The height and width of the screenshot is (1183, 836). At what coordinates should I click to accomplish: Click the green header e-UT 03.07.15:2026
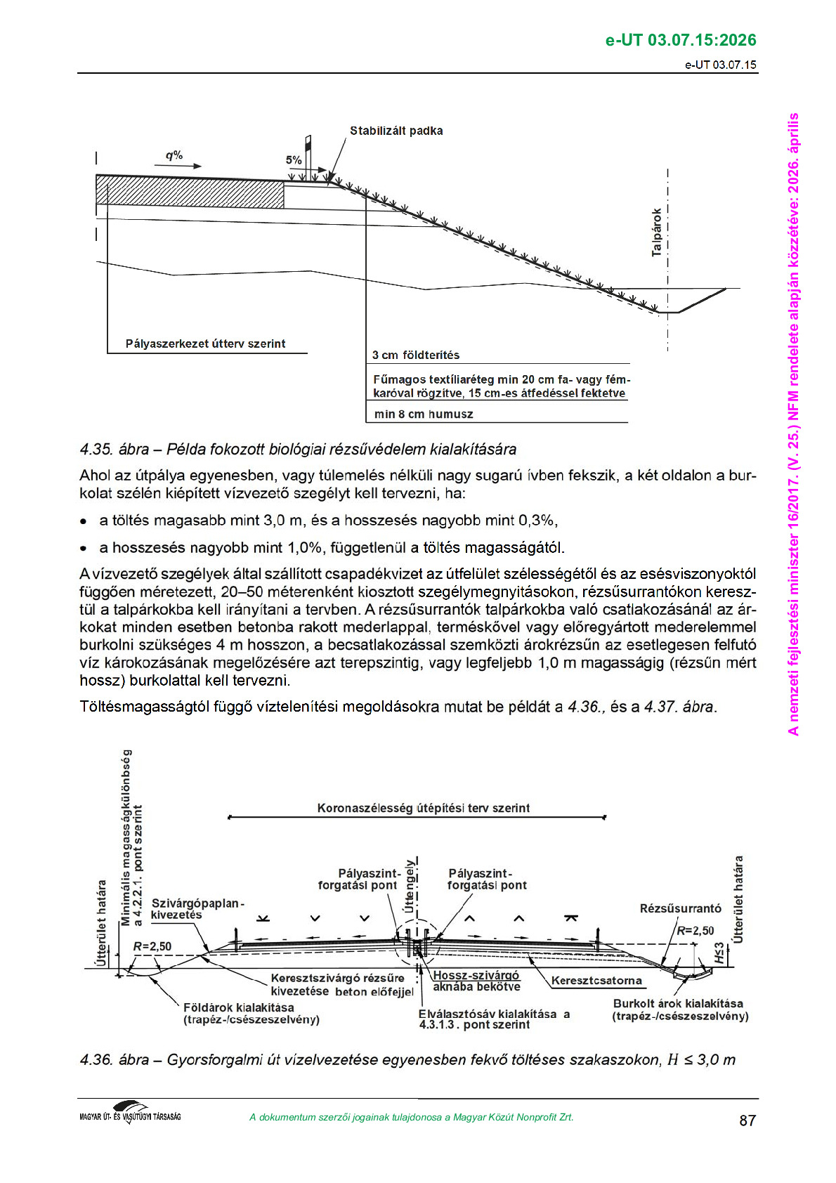tap(681, 40)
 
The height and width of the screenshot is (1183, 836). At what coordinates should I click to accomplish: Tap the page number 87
tap(747, 1120)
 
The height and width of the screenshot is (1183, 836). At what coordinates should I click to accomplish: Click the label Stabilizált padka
tap(396, 131)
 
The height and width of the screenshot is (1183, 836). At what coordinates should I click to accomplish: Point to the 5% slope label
tap(294, 160)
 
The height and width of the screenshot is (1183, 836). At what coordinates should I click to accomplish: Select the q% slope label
tap(174, 155)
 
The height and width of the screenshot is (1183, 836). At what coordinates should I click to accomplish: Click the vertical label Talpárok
tap(657, 232)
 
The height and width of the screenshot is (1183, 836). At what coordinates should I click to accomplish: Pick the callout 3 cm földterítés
tap(416, 355)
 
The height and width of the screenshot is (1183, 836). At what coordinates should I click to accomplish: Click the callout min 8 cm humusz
tap(424, 414)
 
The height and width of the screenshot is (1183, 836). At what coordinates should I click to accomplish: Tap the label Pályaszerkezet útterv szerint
tap(205, 344)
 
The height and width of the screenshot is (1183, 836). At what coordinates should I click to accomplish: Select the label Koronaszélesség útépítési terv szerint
tap(423, 808)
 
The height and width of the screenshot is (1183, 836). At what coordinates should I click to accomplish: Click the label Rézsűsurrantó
tap(680, 908)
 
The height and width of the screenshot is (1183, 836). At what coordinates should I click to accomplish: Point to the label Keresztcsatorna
tap(596, 981)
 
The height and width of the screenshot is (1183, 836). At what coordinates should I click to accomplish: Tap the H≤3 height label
tap(719, 953)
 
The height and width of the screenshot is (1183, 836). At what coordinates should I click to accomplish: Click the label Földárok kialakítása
tap(239, 1007)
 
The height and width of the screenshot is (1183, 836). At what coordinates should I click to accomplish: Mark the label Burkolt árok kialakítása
tap(678, 1004)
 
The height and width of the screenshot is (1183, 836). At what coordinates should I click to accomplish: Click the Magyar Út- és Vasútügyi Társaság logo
tap(131, 1113)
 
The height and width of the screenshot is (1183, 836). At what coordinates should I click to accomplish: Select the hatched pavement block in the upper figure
tap(190, 191)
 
